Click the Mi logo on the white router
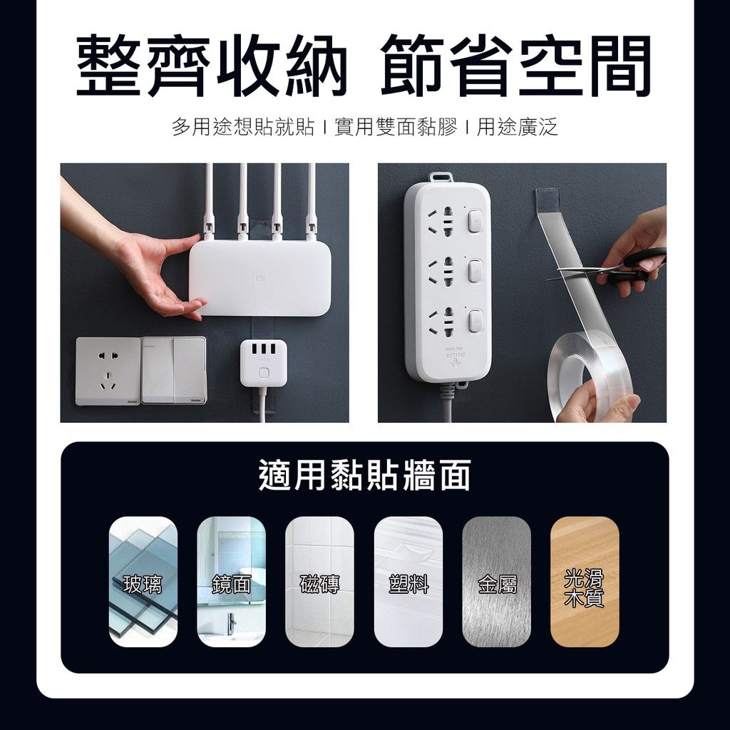[x=259, y=279]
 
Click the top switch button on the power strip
[x=474, y=221]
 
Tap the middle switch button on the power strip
[x=474, y=271]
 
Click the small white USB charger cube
[x=263, y=363]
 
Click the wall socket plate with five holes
[x=108, y=371]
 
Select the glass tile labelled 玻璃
[x=143, y=582]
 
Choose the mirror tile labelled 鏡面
[x=232, y=582]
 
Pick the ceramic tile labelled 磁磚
[x=320, y=582]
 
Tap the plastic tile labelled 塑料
[x=408, y=582]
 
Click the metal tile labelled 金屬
[x=497, y=582]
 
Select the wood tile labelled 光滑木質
[x=585, y=582]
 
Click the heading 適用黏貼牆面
[x=364, y=475]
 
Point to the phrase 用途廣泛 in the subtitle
[x=518, y=127]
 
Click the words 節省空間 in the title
[x=516, y=66]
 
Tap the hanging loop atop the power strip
[x=441, y=178]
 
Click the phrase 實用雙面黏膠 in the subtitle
[x=396, y=127]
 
